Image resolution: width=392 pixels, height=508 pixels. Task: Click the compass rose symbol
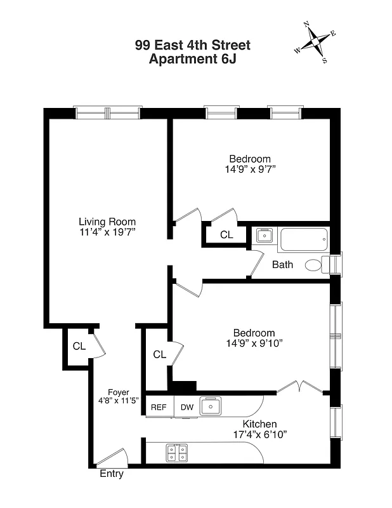[x=315, y=43]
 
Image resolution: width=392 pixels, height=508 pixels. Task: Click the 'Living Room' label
[x=107, y=222]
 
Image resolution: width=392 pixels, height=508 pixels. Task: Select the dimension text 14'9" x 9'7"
[x=250, y=170]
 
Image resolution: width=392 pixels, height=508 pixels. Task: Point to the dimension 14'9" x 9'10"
[x=254, y=344]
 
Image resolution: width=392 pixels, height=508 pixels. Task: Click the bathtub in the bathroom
[x=304, y=239]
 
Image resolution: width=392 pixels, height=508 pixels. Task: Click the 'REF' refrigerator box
[x=159, y=407]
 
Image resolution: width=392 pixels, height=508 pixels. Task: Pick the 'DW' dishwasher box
[x=186, y=407]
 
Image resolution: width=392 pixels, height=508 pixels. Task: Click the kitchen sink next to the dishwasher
[x=209, y=406]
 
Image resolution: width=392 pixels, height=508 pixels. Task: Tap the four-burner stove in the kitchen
[x=177, y=453]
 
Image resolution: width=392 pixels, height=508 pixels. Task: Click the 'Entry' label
[x=112, y=474]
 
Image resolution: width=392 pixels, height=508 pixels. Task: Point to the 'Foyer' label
[x=118, y=392]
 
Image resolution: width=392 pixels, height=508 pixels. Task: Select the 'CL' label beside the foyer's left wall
[x=79, y=347]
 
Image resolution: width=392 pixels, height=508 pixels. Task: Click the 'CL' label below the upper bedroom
[x=226, y=234]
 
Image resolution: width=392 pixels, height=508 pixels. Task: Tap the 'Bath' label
[x=282, y=264]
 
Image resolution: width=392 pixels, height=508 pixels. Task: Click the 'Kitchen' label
[x=259, y=424]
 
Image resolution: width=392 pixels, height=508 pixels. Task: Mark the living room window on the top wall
[x=107, y=114]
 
